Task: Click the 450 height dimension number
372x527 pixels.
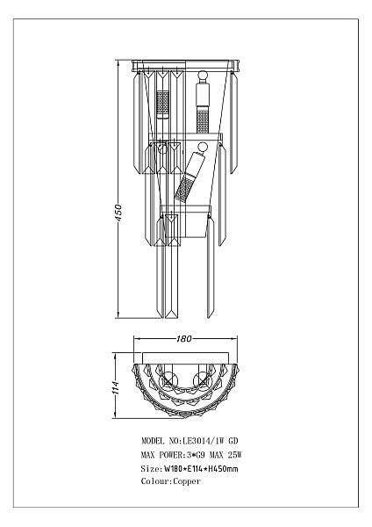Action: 118,213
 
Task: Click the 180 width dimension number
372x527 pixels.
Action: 184,338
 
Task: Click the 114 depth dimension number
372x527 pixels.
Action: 116,387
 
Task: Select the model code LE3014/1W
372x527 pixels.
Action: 204,441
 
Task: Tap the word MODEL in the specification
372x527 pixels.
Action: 153,441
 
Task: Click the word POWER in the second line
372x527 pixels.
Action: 170,455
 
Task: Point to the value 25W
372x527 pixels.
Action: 234,455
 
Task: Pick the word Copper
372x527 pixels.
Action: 187,481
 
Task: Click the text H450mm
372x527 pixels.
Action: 223,468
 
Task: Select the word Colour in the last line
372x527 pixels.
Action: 155,481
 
